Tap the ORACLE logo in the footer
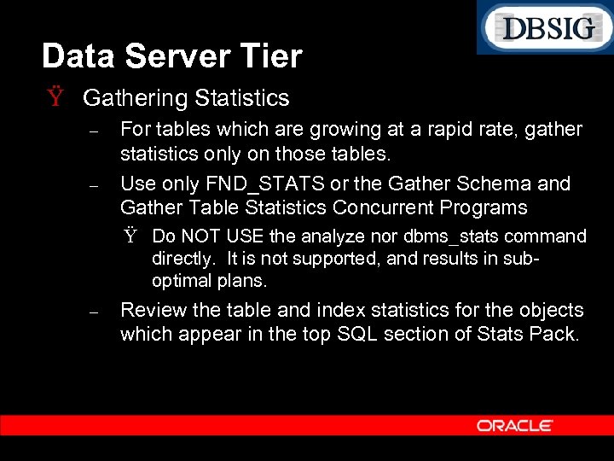[x=514, y=425]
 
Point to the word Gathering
[x=135, y=99]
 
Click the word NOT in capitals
[x=204, y=236]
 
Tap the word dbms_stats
[x=455, y=236]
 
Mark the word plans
[x=242, y=281]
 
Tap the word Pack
[x=555, y=334]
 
